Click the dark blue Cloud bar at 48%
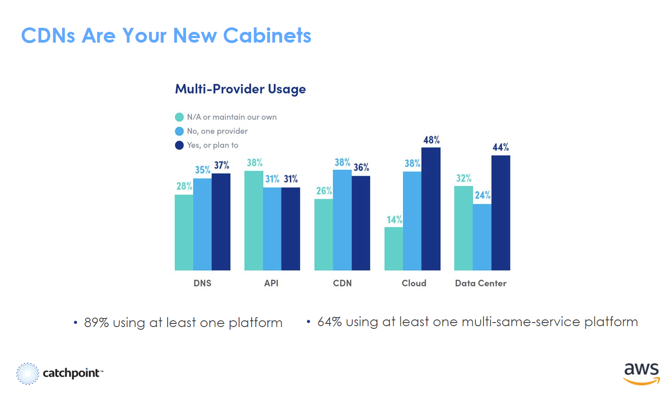[x=431, y=209]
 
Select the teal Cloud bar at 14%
[x=394, y=249]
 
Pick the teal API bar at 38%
[x=253, y=220]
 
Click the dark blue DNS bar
[x=221, y=222]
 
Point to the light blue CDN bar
[x=342, y=220]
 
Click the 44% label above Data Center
[x=501, y=147]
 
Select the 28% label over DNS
[x=184, y=186]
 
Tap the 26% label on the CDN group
[x=324, y=191]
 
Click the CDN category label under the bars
[x=342, y=283]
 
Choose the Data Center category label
[x=481, y=283]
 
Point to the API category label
[x=271, y=283]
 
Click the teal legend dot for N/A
[x=179, y=117]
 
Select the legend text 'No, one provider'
[x=217, y=131]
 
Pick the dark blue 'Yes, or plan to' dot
[x=179, y=145]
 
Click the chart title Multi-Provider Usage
[x=240, y=89]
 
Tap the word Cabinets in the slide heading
[x=267, y=36]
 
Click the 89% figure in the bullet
[x=96, y=323]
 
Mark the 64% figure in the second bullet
[x=329, y=322]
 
